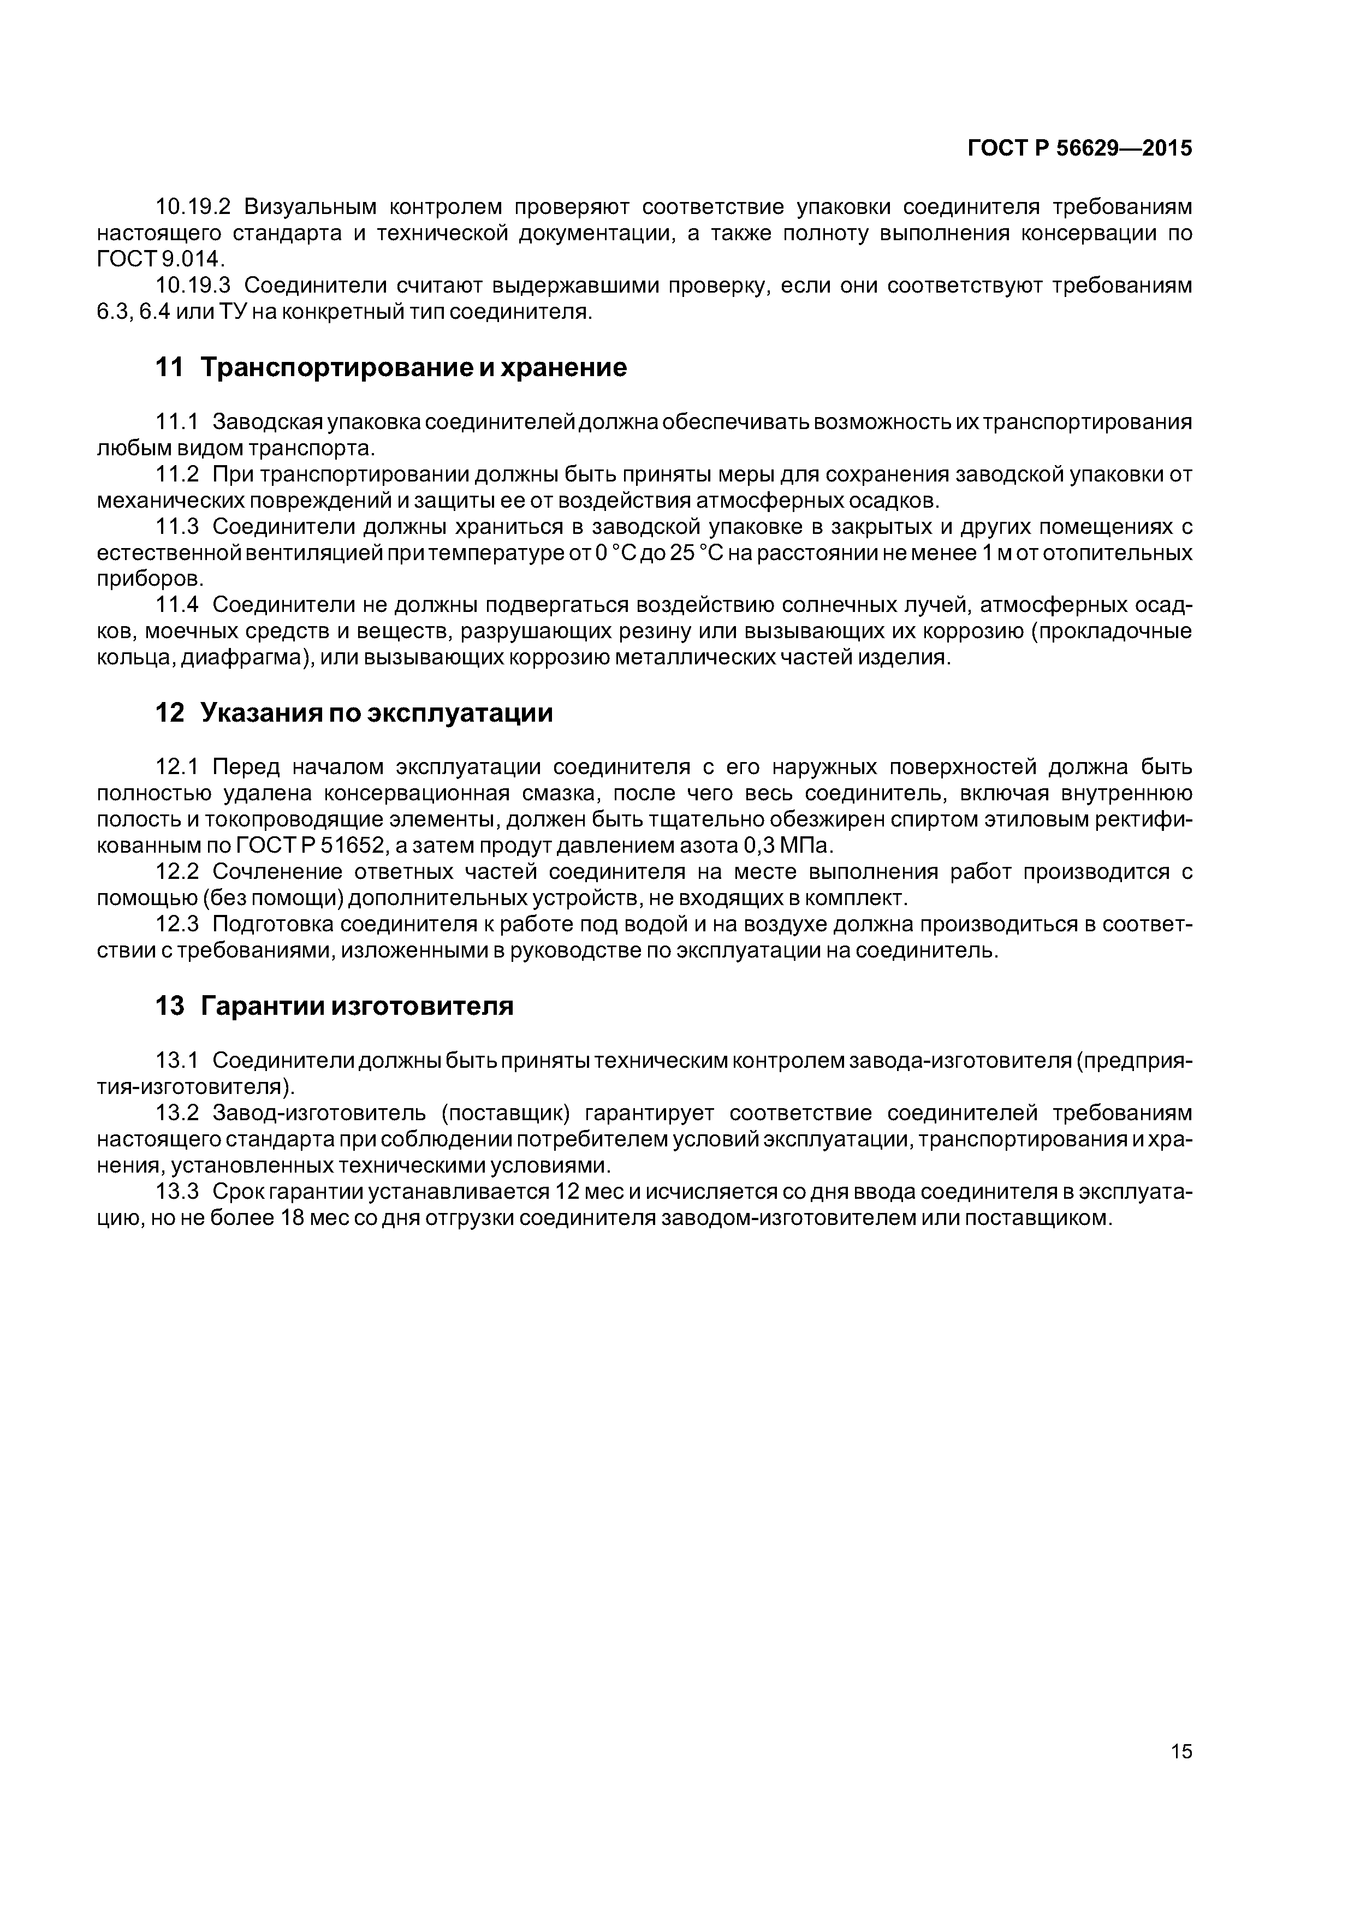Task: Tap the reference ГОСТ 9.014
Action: (160, 259)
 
